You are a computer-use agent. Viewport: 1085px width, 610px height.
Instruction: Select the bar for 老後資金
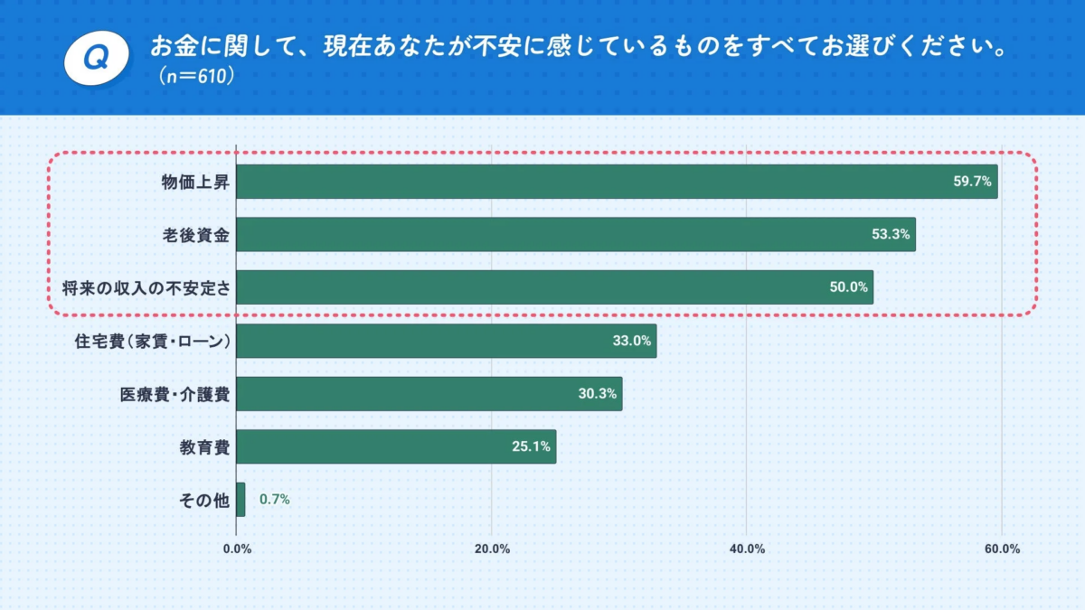click(x=576, y=235)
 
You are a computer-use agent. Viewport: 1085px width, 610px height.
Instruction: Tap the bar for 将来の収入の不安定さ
click(x=554, y=287)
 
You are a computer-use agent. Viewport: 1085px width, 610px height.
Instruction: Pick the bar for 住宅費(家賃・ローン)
click(x=446, y=341)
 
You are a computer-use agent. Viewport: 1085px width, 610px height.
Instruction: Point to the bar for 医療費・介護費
click(x=429, y=394)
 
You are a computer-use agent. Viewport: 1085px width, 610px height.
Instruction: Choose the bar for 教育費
click(x=396, y=446)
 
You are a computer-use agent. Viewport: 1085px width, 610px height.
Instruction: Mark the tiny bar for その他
click(x=241, y=500)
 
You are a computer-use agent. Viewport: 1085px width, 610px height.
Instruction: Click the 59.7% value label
click(x=973, y=182)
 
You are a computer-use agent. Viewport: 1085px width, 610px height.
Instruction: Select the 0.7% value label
click(x=275, y=499)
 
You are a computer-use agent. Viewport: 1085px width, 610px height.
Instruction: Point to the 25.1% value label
click(x=532, y=446)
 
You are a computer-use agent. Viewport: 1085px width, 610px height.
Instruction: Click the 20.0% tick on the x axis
click(x=492, y=549)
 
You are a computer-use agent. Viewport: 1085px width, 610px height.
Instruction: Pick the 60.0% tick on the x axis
click(x=1002, y=549)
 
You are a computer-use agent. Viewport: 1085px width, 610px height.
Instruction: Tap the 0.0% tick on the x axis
click(x=237, y=549)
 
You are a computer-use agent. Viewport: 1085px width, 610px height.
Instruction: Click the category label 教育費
click(x=205, y=446)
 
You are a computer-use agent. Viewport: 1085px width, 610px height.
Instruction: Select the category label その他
click(x=205, y=500)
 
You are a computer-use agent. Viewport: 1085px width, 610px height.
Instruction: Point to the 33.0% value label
click(x=631, y=341)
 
